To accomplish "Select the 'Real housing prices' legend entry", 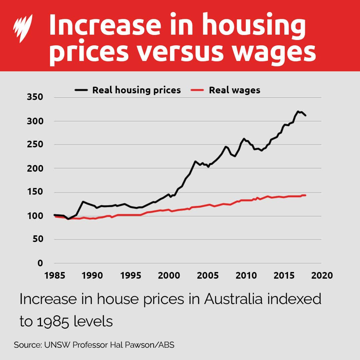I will (128, 90).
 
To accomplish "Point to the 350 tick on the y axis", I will (35, 97).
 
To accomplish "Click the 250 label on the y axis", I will (35, 145).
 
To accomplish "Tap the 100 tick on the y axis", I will (35, 216).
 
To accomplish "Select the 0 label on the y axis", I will (40, 263).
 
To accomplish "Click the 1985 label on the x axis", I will (54, 276).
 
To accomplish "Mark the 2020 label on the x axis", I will (322, 276).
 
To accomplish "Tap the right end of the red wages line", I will (305, 195).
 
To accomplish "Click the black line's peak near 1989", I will (83, 202).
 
